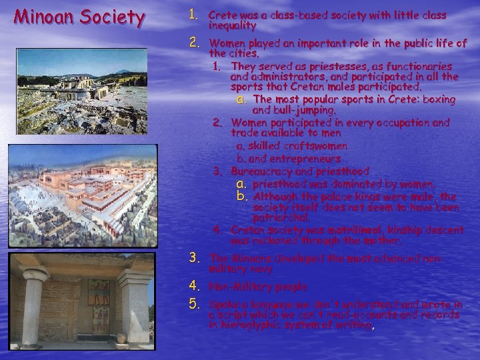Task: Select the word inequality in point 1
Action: [232, 25]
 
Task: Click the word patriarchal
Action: [281, 217]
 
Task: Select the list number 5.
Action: [194, 305]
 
